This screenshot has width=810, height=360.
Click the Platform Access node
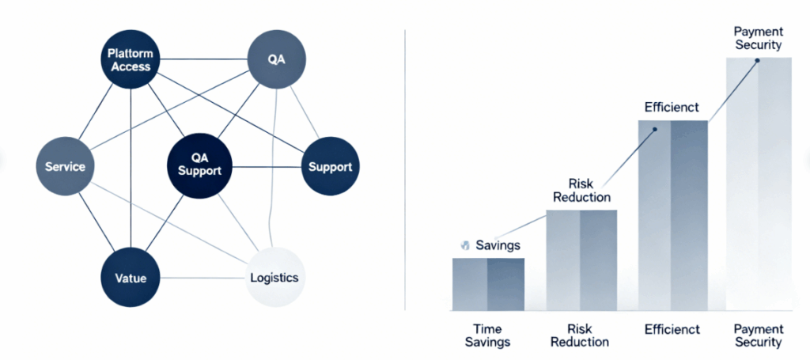pos(131,60)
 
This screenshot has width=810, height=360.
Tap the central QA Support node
pos(199,165)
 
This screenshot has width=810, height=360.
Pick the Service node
pos(65,167)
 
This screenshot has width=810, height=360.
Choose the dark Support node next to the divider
pos(331,167)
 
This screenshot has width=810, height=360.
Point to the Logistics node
pos(274,278)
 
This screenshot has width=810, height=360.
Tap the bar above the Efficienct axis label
pos(672,214)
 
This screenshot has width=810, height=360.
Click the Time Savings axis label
pos(487,335)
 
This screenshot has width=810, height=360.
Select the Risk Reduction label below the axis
pos(582,335)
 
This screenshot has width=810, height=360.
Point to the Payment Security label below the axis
pos(758,335)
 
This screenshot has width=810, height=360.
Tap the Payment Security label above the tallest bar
pos(758,38)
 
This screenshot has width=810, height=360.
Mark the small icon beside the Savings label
pos(465,245)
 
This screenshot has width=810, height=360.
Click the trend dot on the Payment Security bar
pos(758,61)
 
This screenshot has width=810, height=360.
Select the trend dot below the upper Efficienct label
pos(656,129)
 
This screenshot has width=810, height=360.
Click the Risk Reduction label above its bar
pos(582,189)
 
